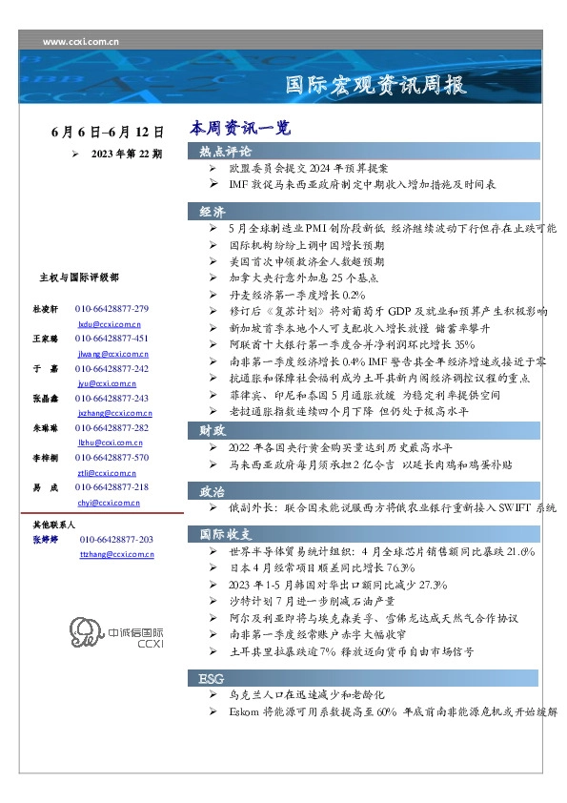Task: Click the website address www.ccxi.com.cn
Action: click(x=81, y=41)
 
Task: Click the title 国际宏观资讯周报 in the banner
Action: click(x=376, y=85)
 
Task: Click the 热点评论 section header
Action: click(x=226, y=152)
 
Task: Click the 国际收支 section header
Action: click(x=226, y=533)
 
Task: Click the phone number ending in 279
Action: click(x=111, y=310)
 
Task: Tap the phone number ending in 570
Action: click(x=111, y=458)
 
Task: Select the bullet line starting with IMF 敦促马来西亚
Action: click(x=362, y=184)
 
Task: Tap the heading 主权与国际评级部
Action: click(x=79, y=278)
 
